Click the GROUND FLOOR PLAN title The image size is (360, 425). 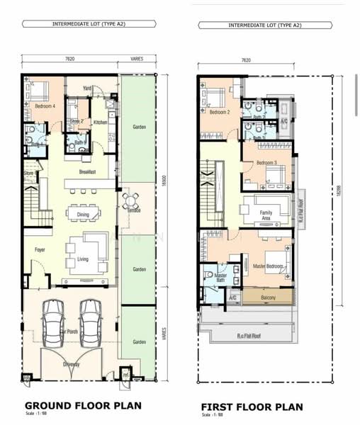(x=83, y=406)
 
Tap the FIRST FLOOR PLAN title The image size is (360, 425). (x=252, y=407)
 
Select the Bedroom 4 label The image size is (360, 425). (x=45, y=106)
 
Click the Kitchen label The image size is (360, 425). (x=100, y=123)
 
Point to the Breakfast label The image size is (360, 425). (x=88, y=172)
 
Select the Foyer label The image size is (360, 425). (x=40, y=250)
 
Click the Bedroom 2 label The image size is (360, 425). (x=219, y=112)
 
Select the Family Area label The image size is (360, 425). (x=266, y=215)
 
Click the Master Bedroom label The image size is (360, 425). (x=268, y=266)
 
